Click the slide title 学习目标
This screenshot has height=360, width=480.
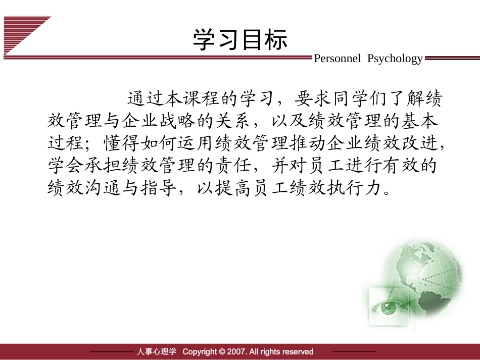tap(240, 40)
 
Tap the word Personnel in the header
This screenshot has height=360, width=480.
tap(338, 59)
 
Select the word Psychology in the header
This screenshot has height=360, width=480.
tap(395, 59)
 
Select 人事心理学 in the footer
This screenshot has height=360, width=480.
tap(156, 351)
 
